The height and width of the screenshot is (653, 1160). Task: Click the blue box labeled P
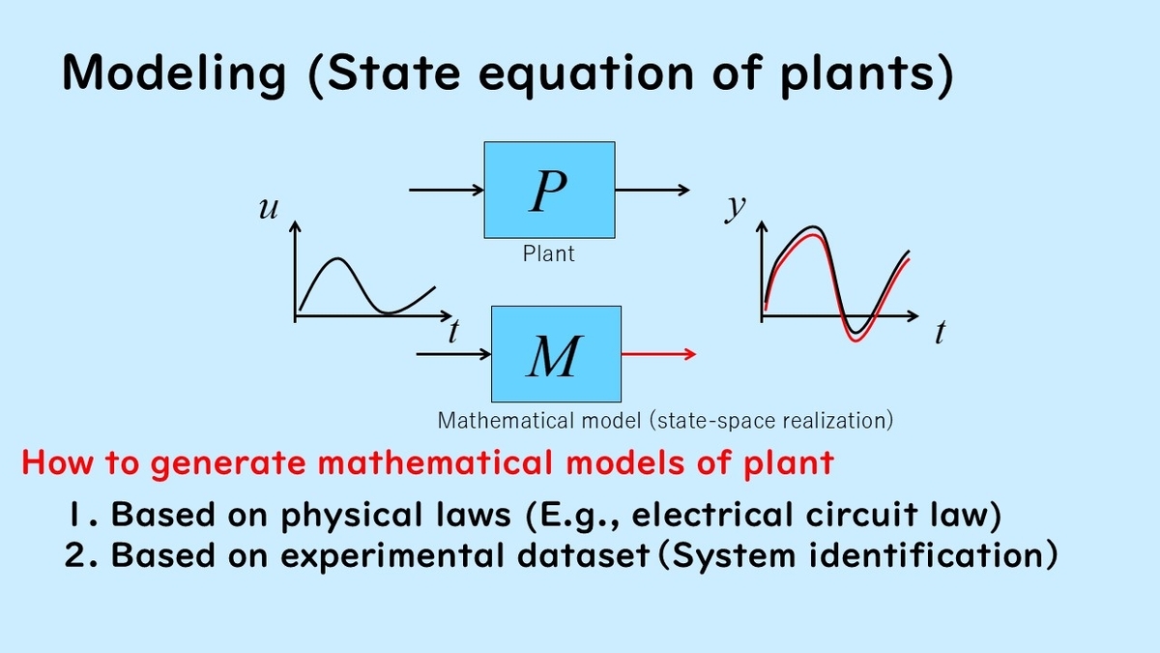[x=549, y=190]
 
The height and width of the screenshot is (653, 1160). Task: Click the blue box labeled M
[x=556, y=353]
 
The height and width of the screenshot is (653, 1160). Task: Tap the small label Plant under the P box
[x=548, y=253]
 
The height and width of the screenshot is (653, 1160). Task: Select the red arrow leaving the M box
[x=657, y=354]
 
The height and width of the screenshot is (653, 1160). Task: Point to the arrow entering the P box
[x=447, y=190]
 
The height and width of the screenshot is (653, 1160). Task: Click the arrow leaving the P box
[x=652, y=190]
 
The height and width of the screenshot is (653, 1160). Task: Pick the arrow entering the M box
[x=453, y=354]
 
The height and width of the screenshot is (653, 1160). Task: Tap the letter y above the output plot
[x=735, y=207]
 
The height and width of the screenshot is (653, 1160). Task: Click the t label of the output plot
[x=940, y=335]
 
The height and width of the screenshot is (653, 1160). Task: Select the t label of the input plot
[x=452, y=333]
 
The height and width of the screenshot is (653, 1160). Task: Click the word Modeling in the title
[x=174, y=74]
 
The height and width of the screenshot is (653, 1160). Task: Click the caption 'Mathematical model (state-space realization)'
[x=665, y=421]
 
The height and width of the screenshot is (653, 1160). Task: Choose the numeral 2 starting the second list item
[x=75, y=555]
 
